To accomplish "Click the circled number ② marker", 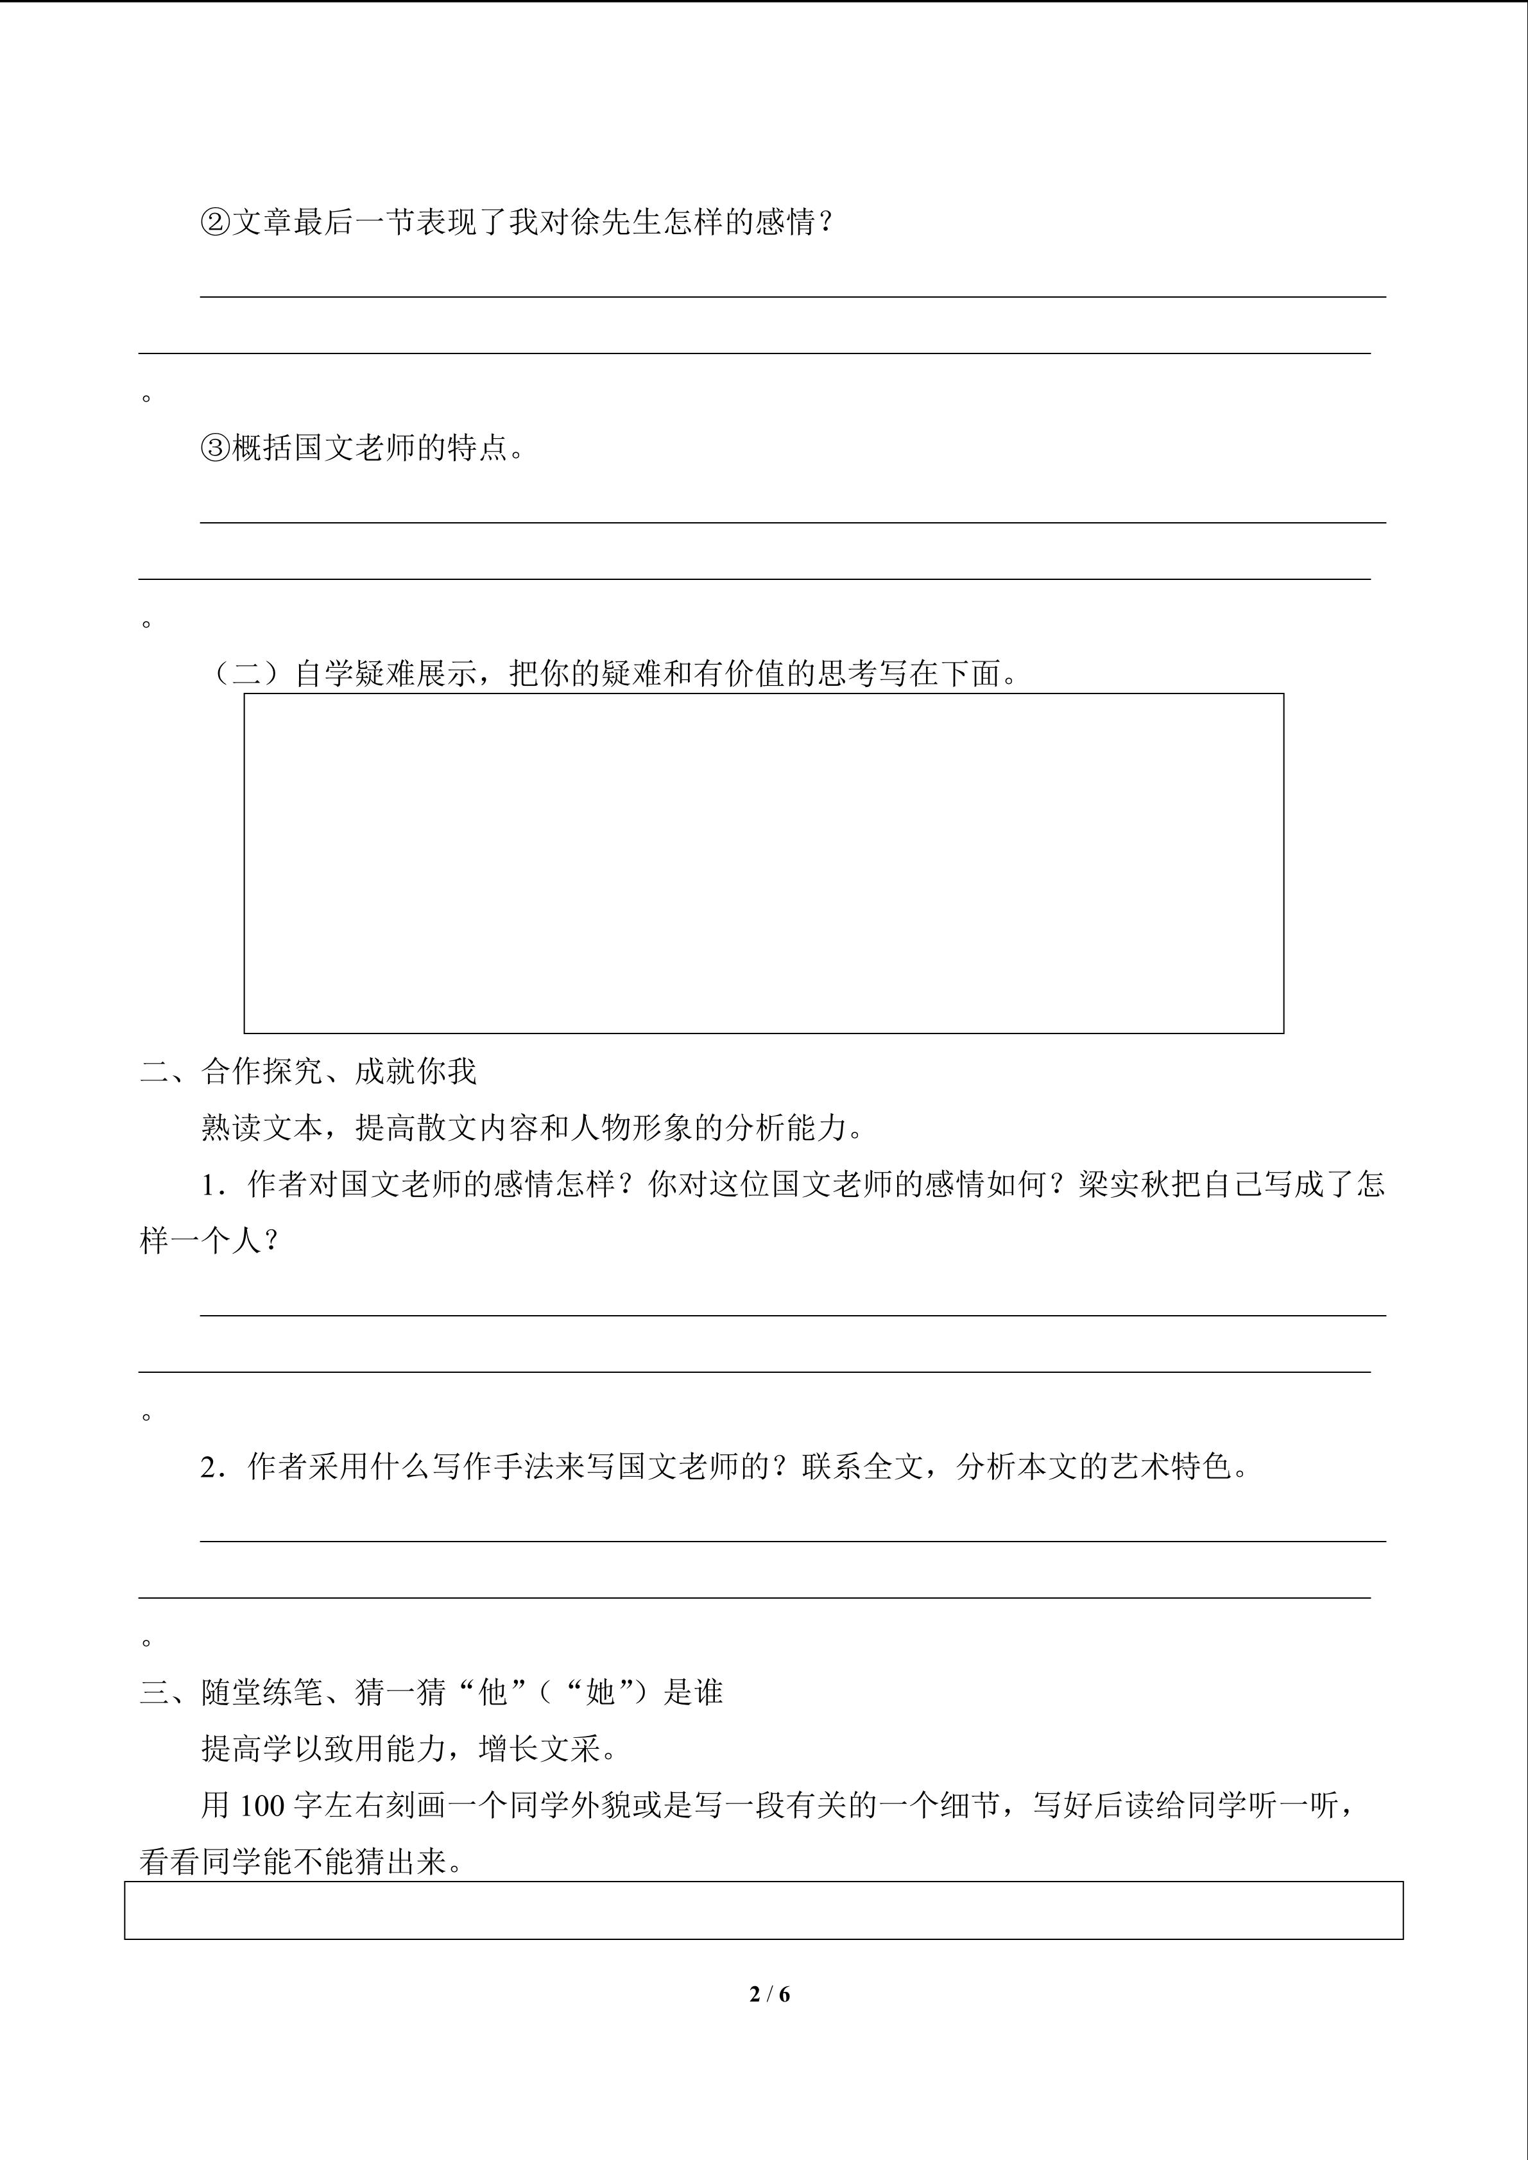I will click(x=216, y=223).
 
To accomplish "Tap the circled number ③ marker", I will click(x=216, y=448).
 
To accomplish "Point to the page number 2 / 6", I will click(x=769, y=1993).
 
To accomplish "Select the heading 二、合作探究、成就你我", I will click(x=307, y=1071).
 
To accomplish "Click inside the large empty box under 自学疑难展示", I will click(x=763, y=863).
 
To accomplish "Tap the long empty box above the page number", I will click(x=763, y=1910).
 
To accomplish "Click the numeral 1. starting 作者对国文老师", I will click(x=214, y=1184).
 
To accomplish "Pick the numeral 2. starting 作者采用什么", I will click(x=214, y=1467).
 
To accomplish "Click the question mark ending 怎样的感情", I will click(x=826, y=223).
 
